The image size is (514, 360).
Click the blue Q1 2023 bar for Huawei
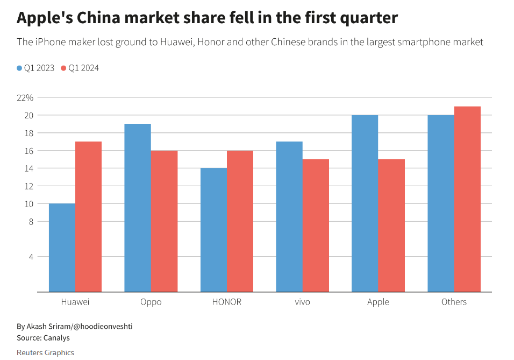click(62, 248)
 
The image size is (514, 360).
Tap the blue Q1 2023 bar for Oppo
click(138, 208)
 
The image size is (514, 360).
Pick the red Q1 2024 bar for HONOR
click(240, 221)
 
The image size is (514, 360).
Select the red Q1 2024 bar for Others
click(467, 199)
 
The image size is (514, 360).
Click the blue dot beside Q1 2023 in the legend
click(20, 68)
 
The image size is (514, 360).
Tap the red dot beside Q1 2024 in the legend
click(63, 68)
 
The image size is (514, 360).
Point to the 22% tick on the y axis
click(25, 97)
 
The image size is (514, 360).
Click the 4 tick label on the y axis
click(31, 257)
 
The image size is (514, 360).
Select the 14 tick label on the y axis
click(28, 168)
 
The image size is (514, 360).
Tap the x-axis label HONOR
click(226, 302)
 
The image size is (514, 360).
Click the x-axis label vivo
click(302, 302)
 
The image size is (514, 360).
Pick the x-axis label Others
click(454, 302)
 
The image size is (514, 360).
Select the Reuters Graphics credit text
click(45, 352)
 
